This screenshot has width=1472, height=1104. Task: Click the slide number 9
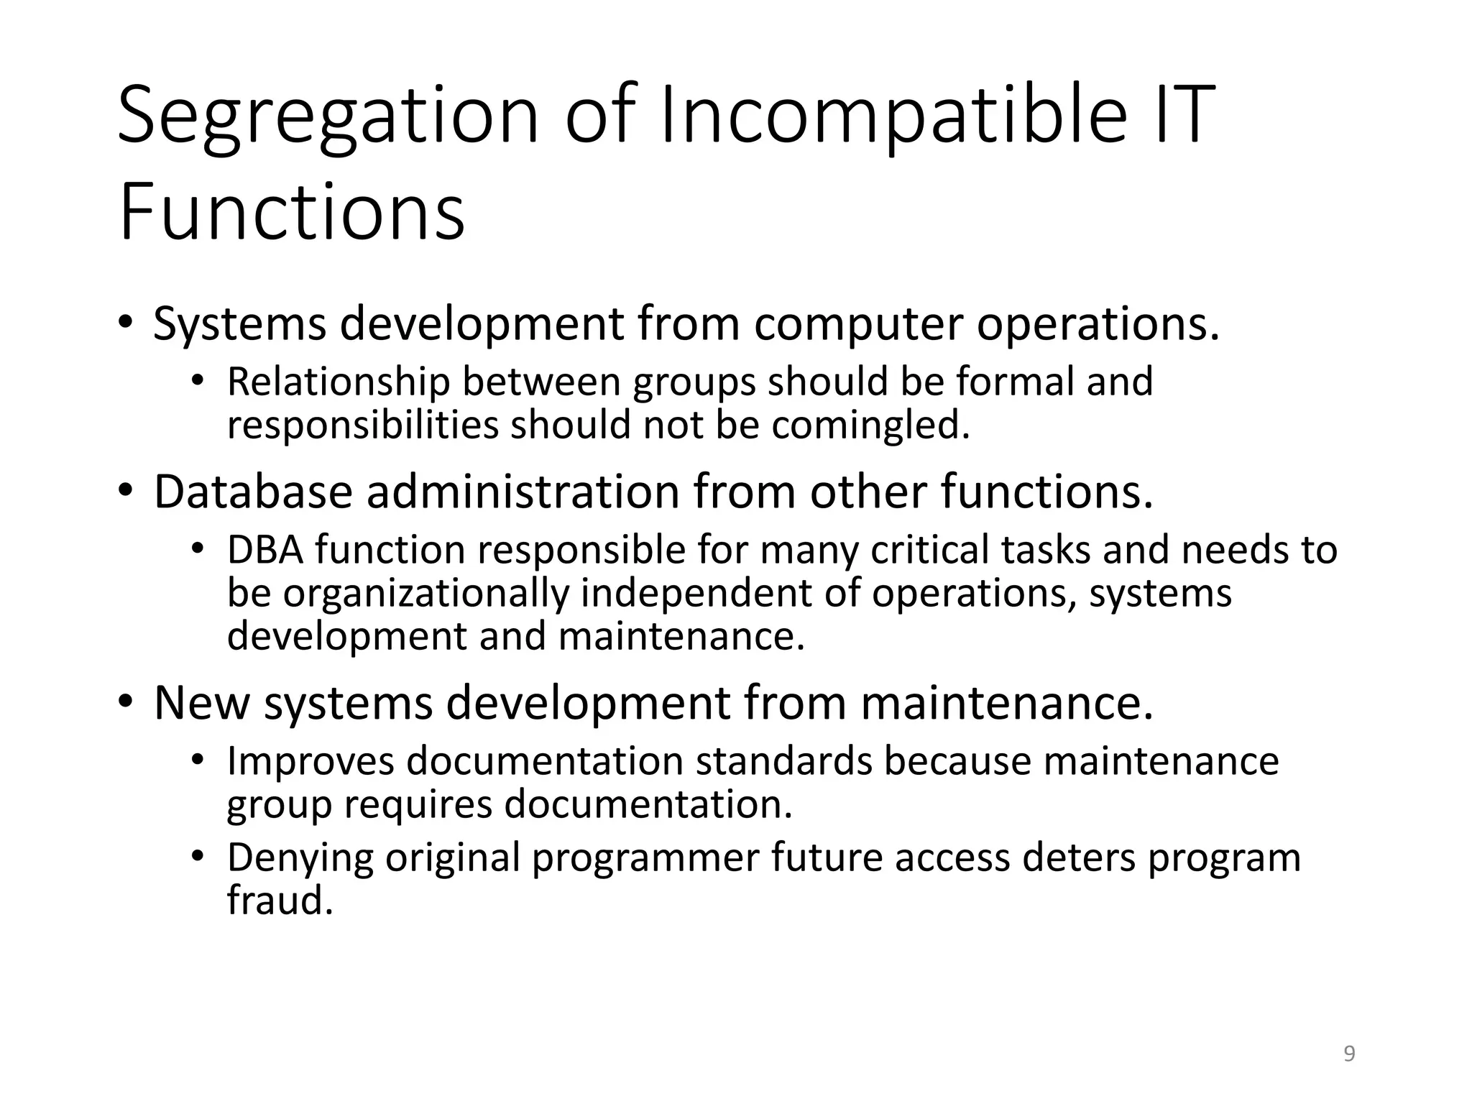coord(1349,1054)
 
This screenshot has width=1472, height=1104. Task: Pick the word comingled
coord(870,425)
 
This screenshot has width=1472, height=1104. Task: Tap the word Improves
coord(310,761)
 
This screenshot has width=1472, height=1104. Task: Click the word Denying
coord(300,857)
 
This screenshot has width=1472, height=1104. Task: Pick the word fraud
coord(280,900)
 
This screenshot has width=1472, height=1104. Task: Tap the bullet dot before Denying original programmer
coord(198,856)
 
